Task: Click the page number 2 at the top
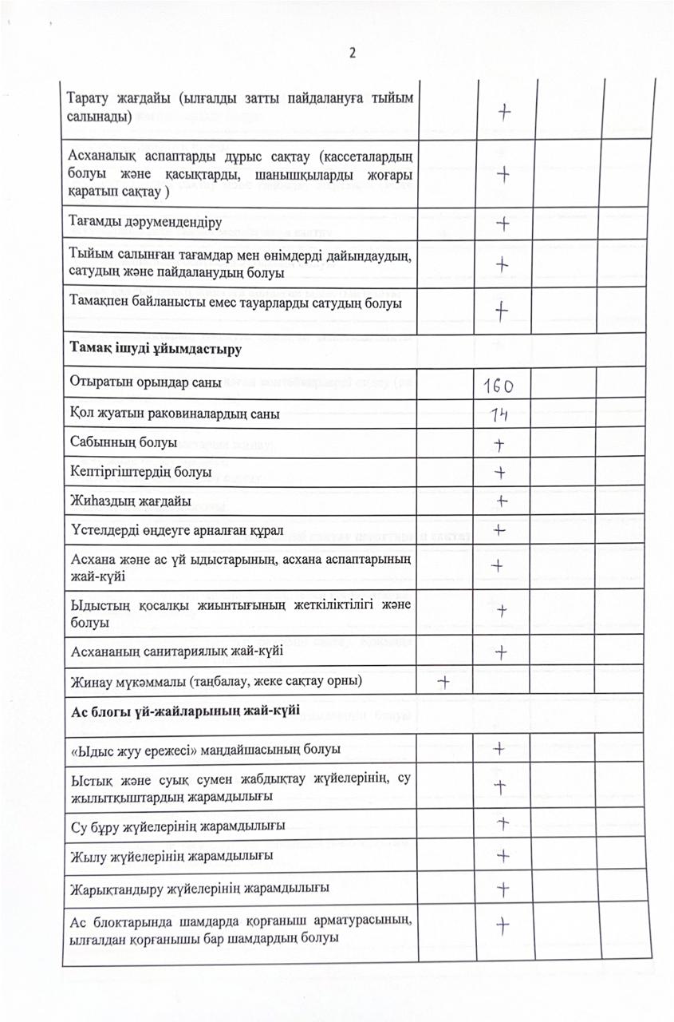352,53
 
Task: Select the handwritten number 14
501,414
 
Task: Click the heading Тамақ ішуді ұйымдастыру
156,349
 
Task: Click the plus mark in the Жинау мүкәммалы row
443,681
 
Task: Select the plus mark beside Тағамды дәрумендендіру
503,224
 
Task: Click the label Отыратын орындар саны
146,382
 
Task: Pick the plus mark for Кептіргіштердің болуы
500,472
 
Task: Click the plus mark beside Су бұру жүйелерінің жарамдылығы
503,823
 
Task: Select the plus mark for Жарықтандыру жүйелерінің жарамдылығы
503,888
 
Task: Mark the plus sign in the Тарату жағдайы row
503,113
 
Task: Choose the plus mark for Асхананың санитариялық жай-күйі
501,652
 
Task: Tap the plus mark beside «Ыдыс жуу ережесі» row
499,749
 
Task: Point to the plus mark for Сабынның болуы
500,443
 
